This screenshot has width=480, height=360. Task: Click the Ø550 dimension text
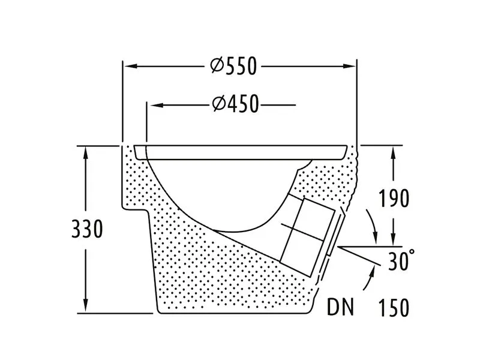[234, 66]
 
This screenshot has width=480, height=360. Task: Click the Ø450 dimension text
[235, 104]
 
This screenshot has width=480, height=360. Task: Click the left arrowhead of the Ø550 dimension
[128, 66]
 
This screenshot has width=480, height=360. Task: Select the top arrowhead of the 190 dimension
[393, 152]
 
